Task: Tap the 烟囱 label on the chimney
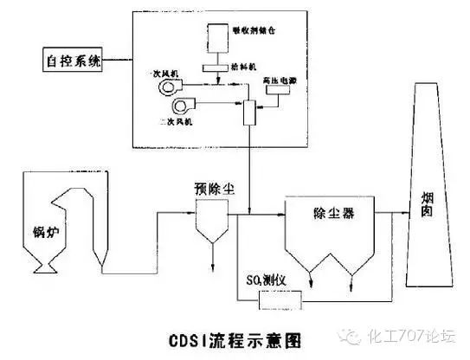click(427, 208)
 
